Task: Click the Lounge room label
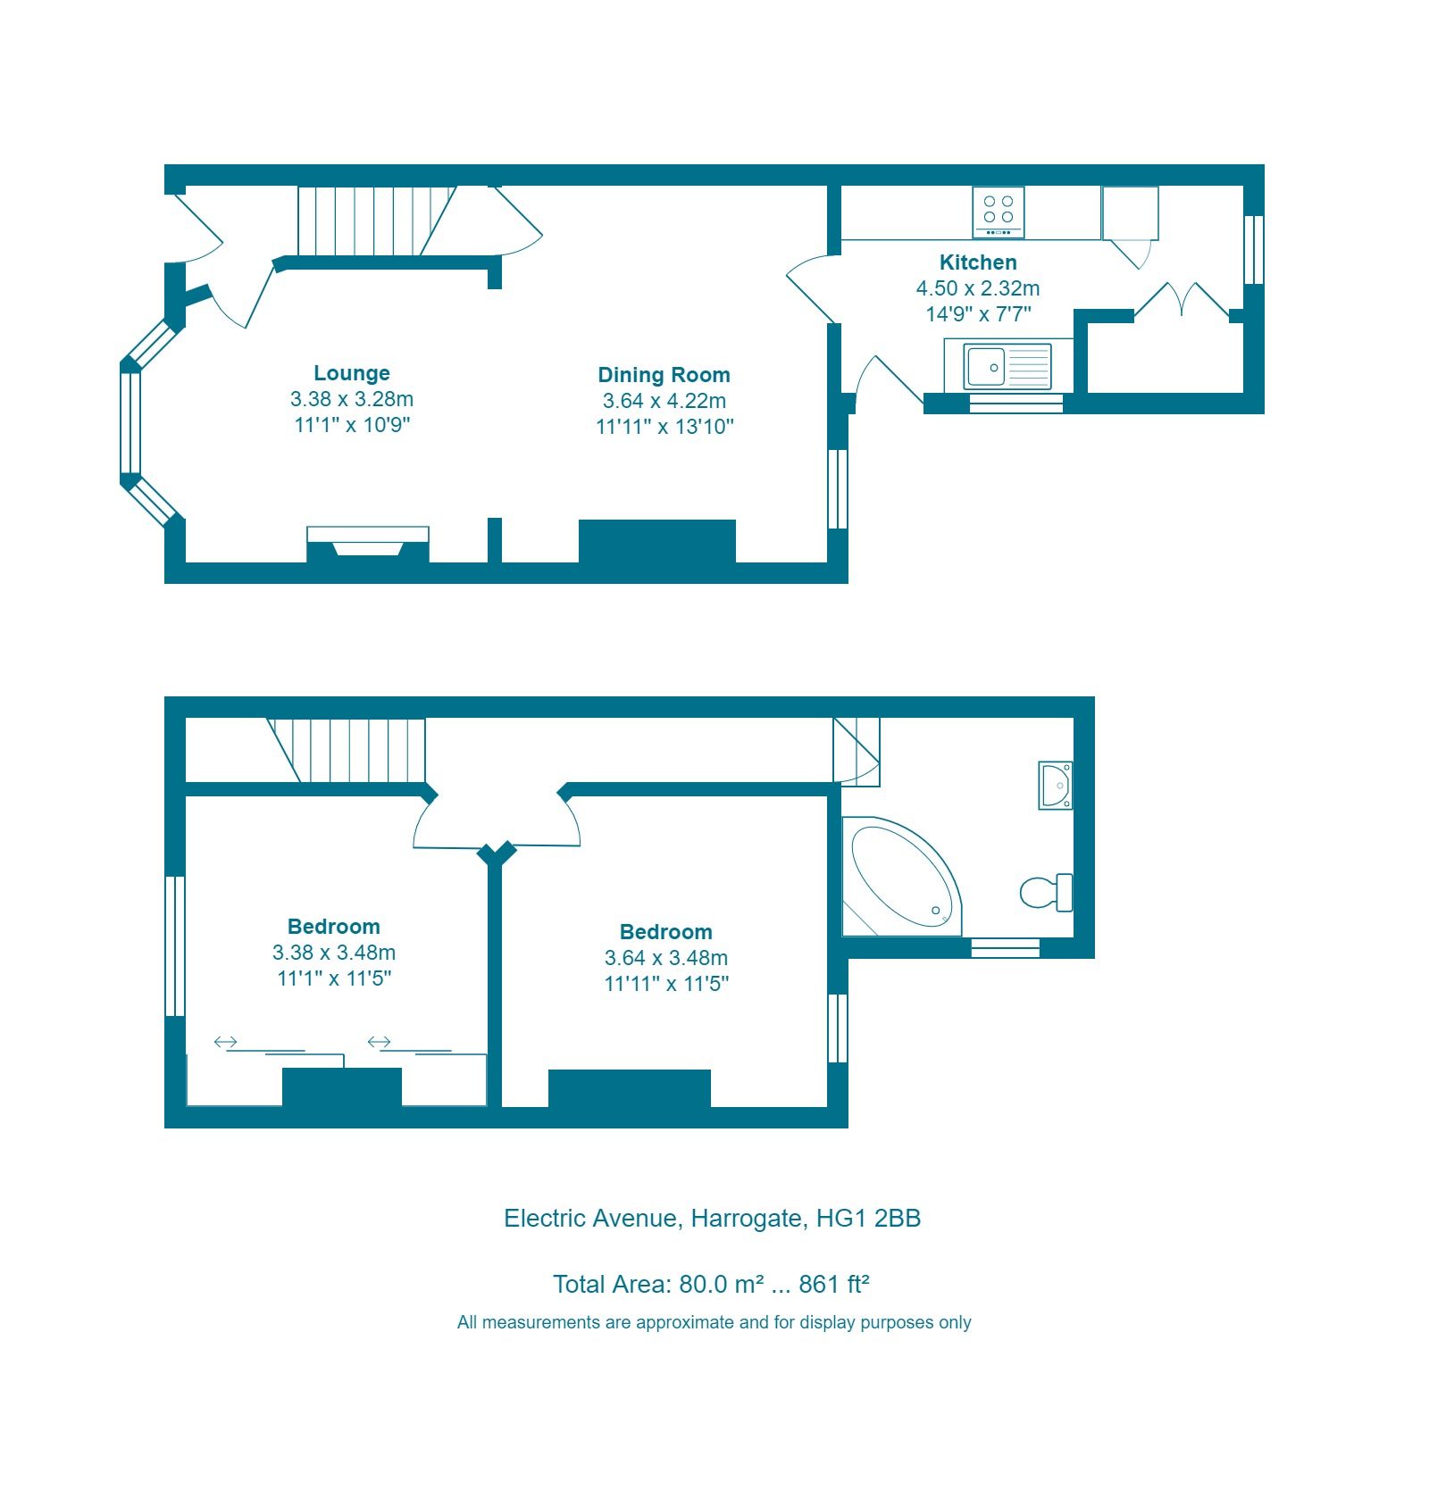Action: point(351,373)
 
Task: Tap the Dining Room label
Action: point(664,375)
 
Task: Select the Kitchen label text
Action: point(978,262)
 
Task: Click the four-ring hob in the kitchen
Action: point(998,211)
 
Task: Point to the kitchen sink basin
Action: point(986,367)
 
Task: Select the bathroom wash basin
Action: point(1057,786)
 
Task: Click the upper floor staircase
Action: point(353,750)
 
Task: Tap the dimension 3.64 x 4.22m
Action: point(664,401)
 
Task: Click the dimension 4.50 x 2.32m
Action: point(978,288)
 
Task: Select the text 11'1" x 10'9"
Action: point(351,425)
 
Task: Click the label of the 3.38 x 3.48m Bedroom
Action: point(333,927)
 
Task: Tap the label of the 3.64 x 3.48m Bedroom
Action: point(665,932)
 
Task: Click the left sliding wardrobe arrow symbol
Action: point(226,1042)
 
